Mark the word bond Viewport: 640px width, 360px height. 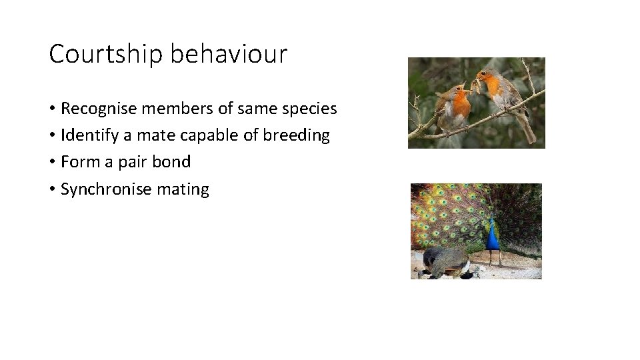(x=173, y=162)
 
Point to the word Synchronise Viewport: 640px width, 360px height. (x=106, y=189)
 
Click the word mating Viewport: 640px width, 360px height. (x=183, y=190)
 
